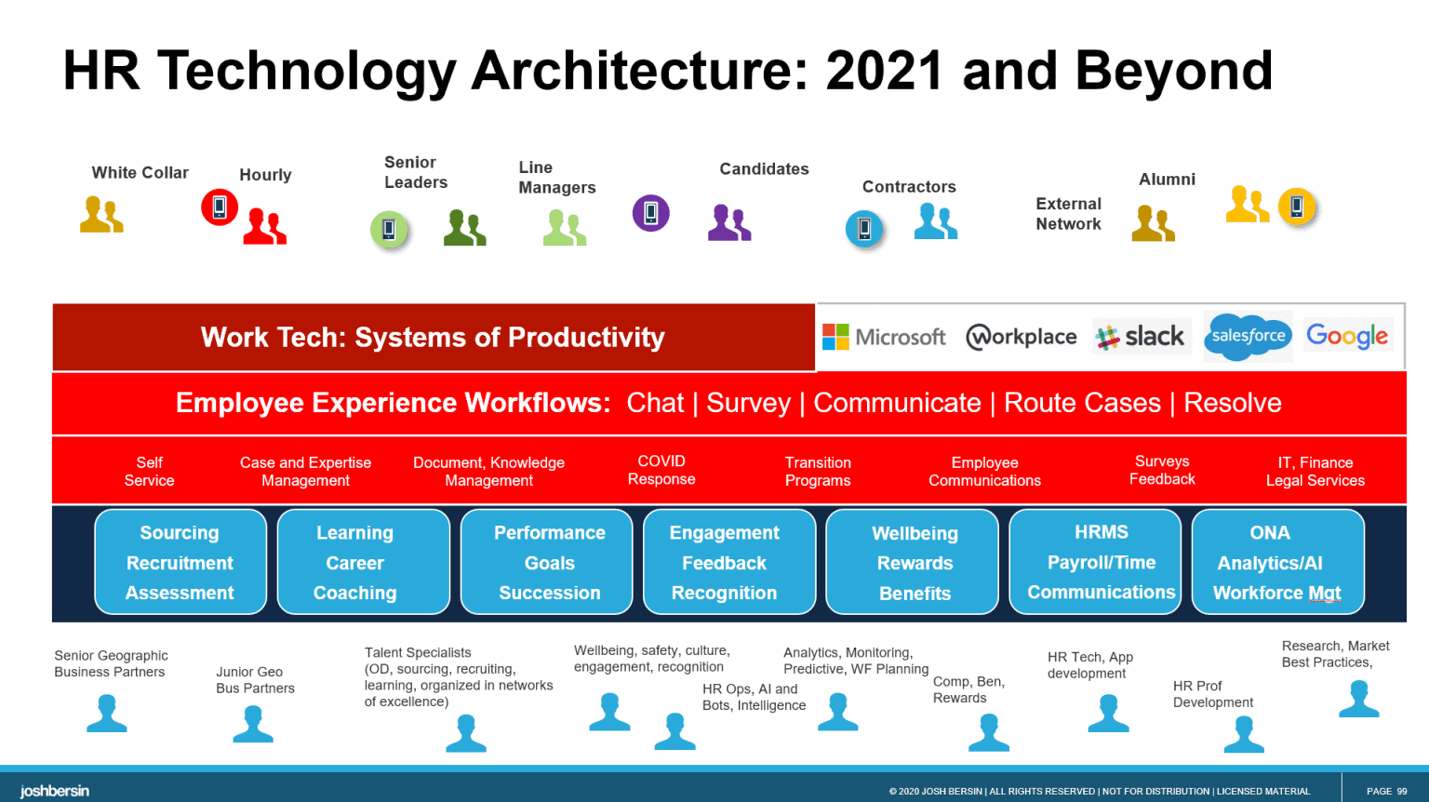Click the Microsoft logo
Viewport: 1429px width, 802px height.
click(884, 337)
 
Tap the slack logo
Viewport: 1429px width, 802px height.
click(1141, 337)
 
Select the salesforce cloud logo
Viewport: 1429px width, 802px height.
click(1248, 336)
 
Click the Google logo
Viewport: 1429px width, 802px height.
click(1346, 336)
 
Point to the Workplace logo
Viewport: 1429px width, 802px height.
click(1021, 337)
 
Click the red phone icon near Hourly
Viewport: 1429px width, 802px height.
click(220, 207)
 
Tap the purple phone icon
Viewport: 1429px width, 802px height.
click(651, 213)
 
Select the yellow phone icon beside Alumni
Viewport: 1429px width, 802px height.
click(1297, 206)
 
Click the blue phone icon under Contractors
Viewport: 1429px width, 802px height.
click(864, 228)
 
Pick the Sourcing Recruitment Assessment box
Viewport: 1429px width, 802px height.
click(180, 562)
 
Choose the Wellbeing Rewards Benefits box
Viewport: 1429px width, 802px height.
click(914, 563)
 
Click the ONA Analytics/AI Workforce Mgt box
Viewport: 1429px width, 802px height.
click(1276, 562)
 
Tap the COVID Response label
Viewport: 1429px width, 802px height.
click(661, 470)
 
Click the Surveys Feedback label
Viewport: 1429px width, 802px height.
click(1162, 470)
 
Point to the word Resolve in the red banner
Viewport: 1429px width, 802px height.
click(1232, 403)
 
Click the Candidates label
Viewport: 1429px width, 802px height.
click(764, 169)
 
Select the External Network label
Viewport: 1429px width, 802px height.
click(1068, 214)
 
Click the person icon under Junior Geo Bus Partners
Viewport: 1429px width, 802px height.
click(253, 724)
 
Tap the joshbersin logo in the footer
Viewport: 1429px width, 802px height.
click(55, 791)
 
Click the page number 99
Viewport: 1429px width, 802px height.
click(1386, 791)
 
